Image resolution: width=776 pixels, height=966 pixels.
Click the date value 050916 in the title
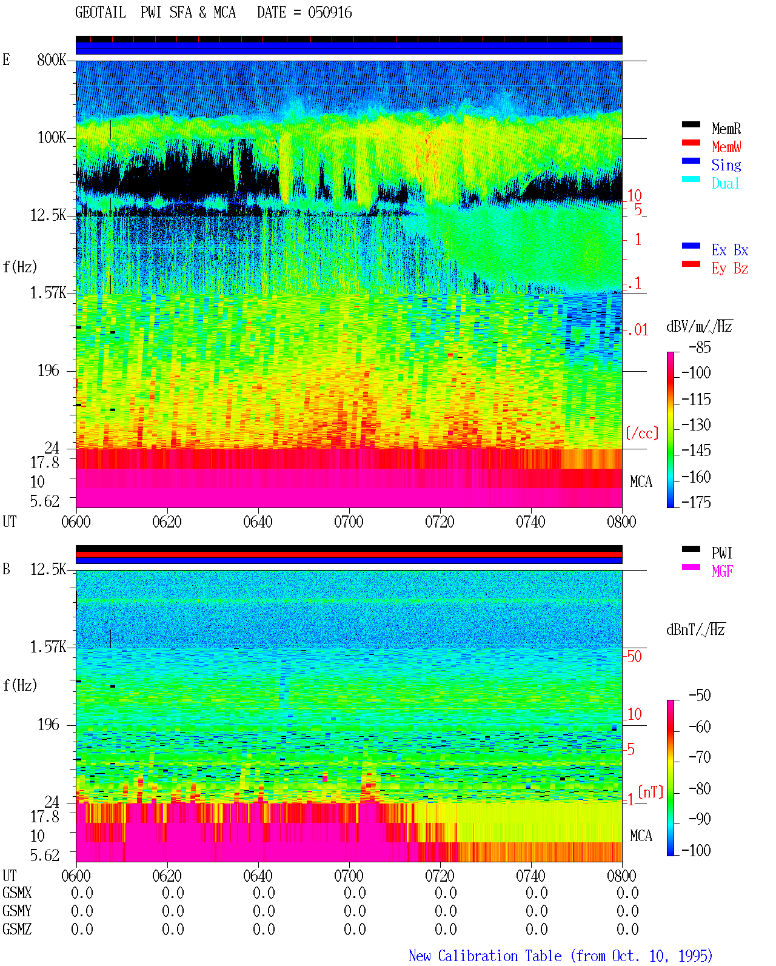[330, 13]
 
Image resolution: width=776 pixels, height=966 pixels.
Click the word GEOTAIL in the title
[101, 13]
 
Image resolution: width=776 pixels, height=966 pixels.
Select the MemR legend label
[726, 129]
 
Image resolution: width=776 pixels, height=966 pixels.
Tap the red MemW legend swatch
[691, 143]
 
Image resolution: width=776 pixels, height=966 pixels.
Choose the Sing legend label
[726, 165]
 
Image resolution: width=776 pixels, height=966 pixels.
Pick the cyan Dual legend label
[726, 183]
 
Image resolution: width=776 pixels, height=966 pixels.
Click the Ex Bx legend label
[730, 250]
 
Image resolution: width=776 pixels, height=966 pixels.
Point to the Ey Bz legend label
[730, 269]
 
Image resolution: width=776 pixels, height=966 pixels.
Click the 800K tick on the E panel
[52, 59]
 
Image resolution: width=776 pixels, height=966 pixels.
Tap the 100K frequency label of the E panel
[52, 138]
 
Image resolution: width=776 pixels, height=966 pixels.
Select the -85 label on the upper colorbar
[700, 347]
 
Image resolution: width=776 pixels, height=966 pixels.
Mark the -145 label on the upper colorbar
[696, 450]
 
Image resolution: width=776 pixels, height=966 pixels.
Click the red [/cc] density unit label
[642, 433]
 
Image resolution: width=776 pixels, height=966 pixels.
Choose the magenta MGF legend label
[723, 571]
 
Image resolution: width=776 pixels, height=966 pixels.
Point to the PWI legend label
[722, 553]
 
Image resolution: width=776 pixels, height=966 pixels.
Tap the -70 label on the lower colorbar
[700, 757]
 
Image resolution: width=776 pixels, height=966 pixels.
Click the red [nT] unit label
[651, 791]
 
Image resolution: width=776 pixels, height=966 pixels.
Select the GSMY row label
[17, 911]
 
